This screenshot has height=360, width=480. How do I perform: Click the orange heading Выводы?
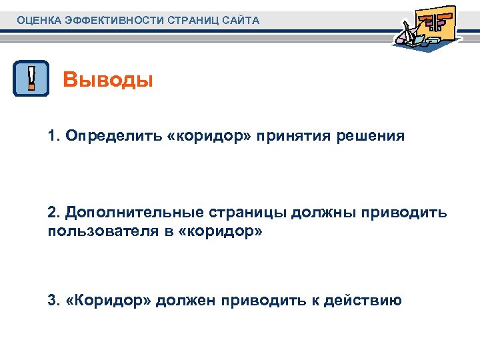(108, 81)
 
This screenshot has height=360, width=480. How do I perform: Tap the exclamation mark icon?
(31, 79)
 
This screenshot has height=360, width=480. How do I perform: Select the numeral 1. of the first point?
(54, 136)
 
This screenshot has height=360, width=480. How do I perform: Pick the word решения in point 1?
(371, 136)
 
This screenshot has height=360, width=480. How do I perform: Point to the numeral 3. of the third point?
(54, 300)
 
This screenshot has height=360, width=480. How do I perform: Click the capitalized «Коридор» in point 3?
(109, 300)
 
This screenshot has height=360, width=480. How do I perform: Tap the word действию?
(363, 300)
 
